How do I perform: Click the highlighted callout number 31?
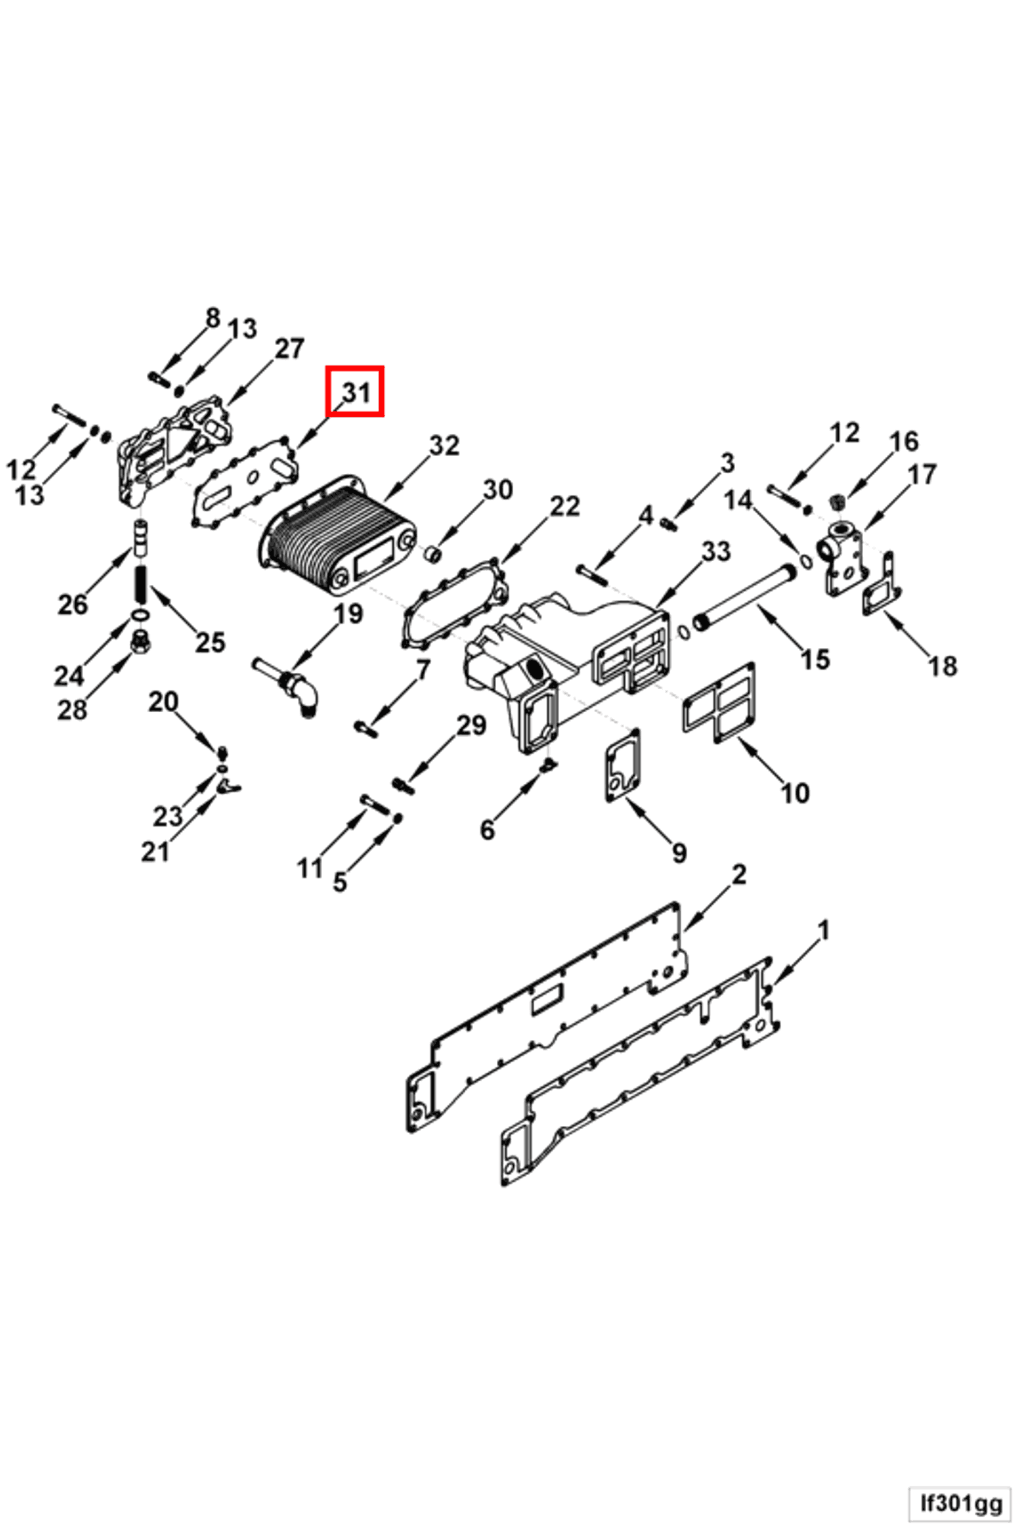point(355,392)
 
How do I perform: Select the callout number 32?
point(445,445)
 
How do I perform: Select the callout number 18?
point(943,666)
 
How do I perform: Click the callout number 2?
point(739,875)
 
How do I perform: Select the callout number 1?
point(822,931)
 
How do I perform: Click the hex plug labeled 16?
point(839,502)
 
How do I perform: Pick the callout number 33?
point(716,551)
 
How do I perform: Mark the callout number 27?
point(289,349)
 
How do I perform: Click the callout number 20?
point(163,702)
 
